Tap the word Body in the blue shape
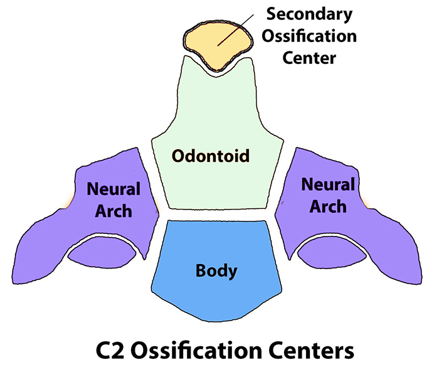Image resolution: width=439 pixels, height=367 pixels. [216, 272]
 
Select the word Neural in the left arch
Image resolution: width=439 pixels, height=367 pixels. [114, 188]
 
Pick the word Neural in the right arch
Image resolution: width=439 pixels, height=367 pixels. [328, 184]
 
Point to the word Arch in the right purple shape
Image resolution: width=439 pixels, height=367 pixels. [328, 206]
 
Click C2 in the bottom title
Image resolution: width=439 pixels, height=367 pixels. [112, 348]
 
